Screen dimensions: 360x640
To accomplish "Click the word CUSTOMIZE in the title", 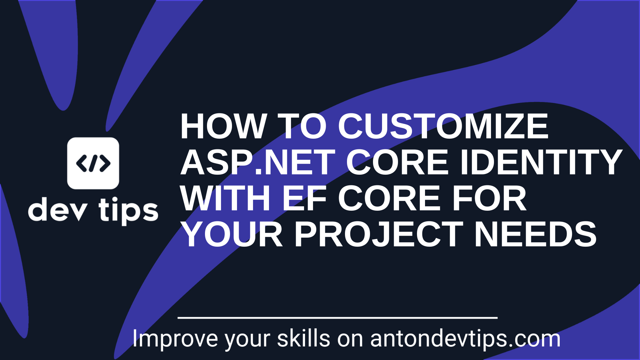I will click(443, 126).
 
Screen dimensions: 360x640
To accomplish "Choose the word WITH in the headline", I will click(225, 199).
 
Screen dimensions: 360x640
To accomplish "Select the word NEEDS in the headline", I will click(535, 235).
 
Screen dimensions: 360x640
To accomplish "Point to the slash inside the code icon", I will click(93, 163).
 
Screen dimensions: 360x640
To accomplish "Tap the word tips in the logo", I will click(128, 211).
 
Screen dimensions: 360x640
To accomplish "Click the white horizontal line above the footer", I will click(337, 318).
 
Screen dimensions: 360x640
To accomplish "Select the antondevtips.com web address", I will click(465, 339).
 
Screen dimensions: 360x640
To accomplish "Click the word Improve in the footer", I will click(175, 339).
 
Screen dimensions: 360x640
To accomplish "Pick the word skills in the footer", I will click(304, 339).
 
